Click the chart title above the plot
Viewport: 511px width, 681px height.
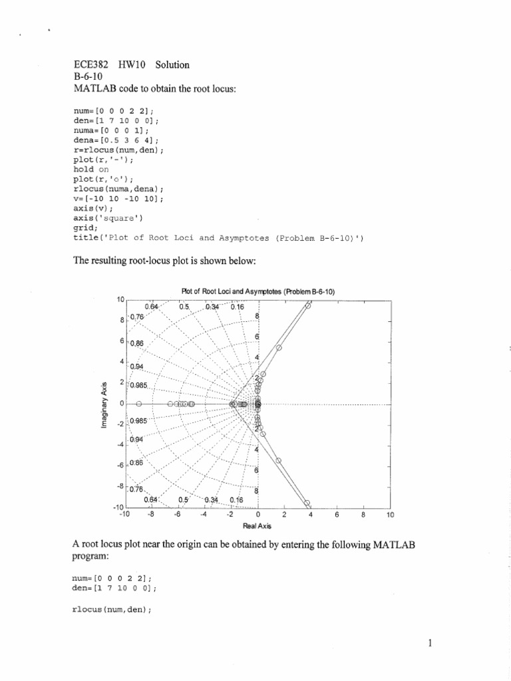point(259,291)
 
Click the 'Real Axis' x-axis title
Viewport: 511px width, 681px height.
point(258,525)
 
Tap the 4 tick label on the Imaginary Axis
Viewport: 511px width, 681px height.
point(122,362)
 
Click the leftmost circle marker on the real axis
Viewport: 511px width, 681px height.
point(139,404)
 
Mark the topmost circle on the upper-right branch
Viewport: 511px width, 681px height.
point(308,306)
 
